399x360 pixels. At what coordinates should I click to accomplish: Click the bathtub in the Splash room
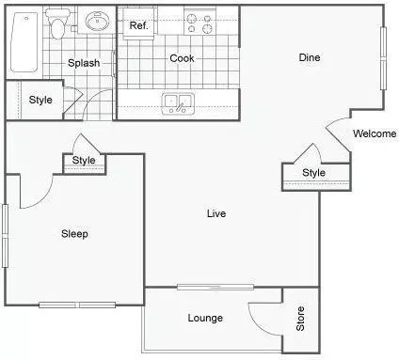[24, 44]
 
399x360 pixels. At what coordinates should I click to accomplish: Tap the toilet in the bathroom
[58, 25]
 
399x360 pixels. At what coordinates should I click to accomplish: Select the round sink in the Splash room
[96, 22]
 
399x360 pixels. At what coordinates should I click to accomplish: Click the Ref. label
[139, 25]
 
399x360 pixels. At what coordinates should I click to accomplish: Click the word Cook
[182, 58]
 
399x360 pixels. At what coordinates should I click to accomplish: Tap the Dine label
[310, 58]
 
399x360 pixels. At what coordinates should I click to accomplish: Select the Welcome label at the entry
[374, 133]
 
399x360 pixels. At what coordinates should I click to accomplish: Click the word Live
[216, 213]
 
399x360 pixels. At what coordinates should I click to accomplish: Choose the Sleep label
[74, 234]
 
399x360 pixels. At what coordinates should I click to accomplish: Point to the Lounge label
[205, 318]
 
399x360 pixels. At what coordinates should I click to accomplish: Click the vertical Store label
[300, 320]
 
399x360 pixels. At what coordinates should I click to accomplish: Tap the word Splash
[84, 63]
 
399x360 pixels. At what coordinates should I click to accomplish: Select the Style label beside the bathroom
[40, 101]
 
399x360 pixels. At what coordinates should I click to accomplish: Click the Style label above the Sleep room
[85, 161]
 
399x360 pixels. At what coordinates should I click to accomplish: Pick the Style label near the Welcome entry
[313, 173]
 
